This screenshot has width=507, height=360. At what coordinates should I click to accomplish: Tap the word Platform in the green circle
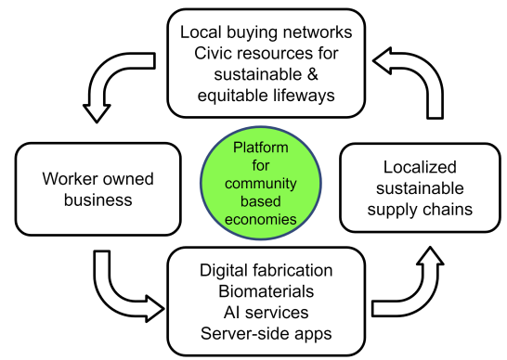(x=261, y=148)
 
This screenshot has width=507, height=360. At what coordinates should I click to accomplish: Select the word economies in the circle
(x=261, y=219)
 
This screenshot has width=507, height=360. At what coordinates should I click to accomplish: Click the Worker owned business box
(x=97, y=187)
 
